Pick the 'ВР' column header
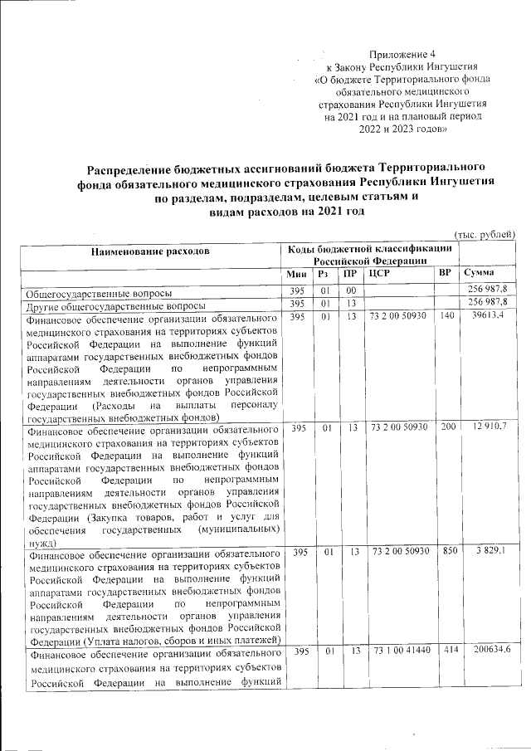click(x=445, y=273)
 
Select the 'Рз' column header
click(x=325, y=274)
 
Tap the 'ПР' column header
click(x=351, y=274)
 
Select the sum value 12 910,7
click(x=490, y=427)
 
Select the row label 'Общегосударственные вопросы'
click(x=99, y=292)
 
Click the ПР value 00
click(x=351, y=290)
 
